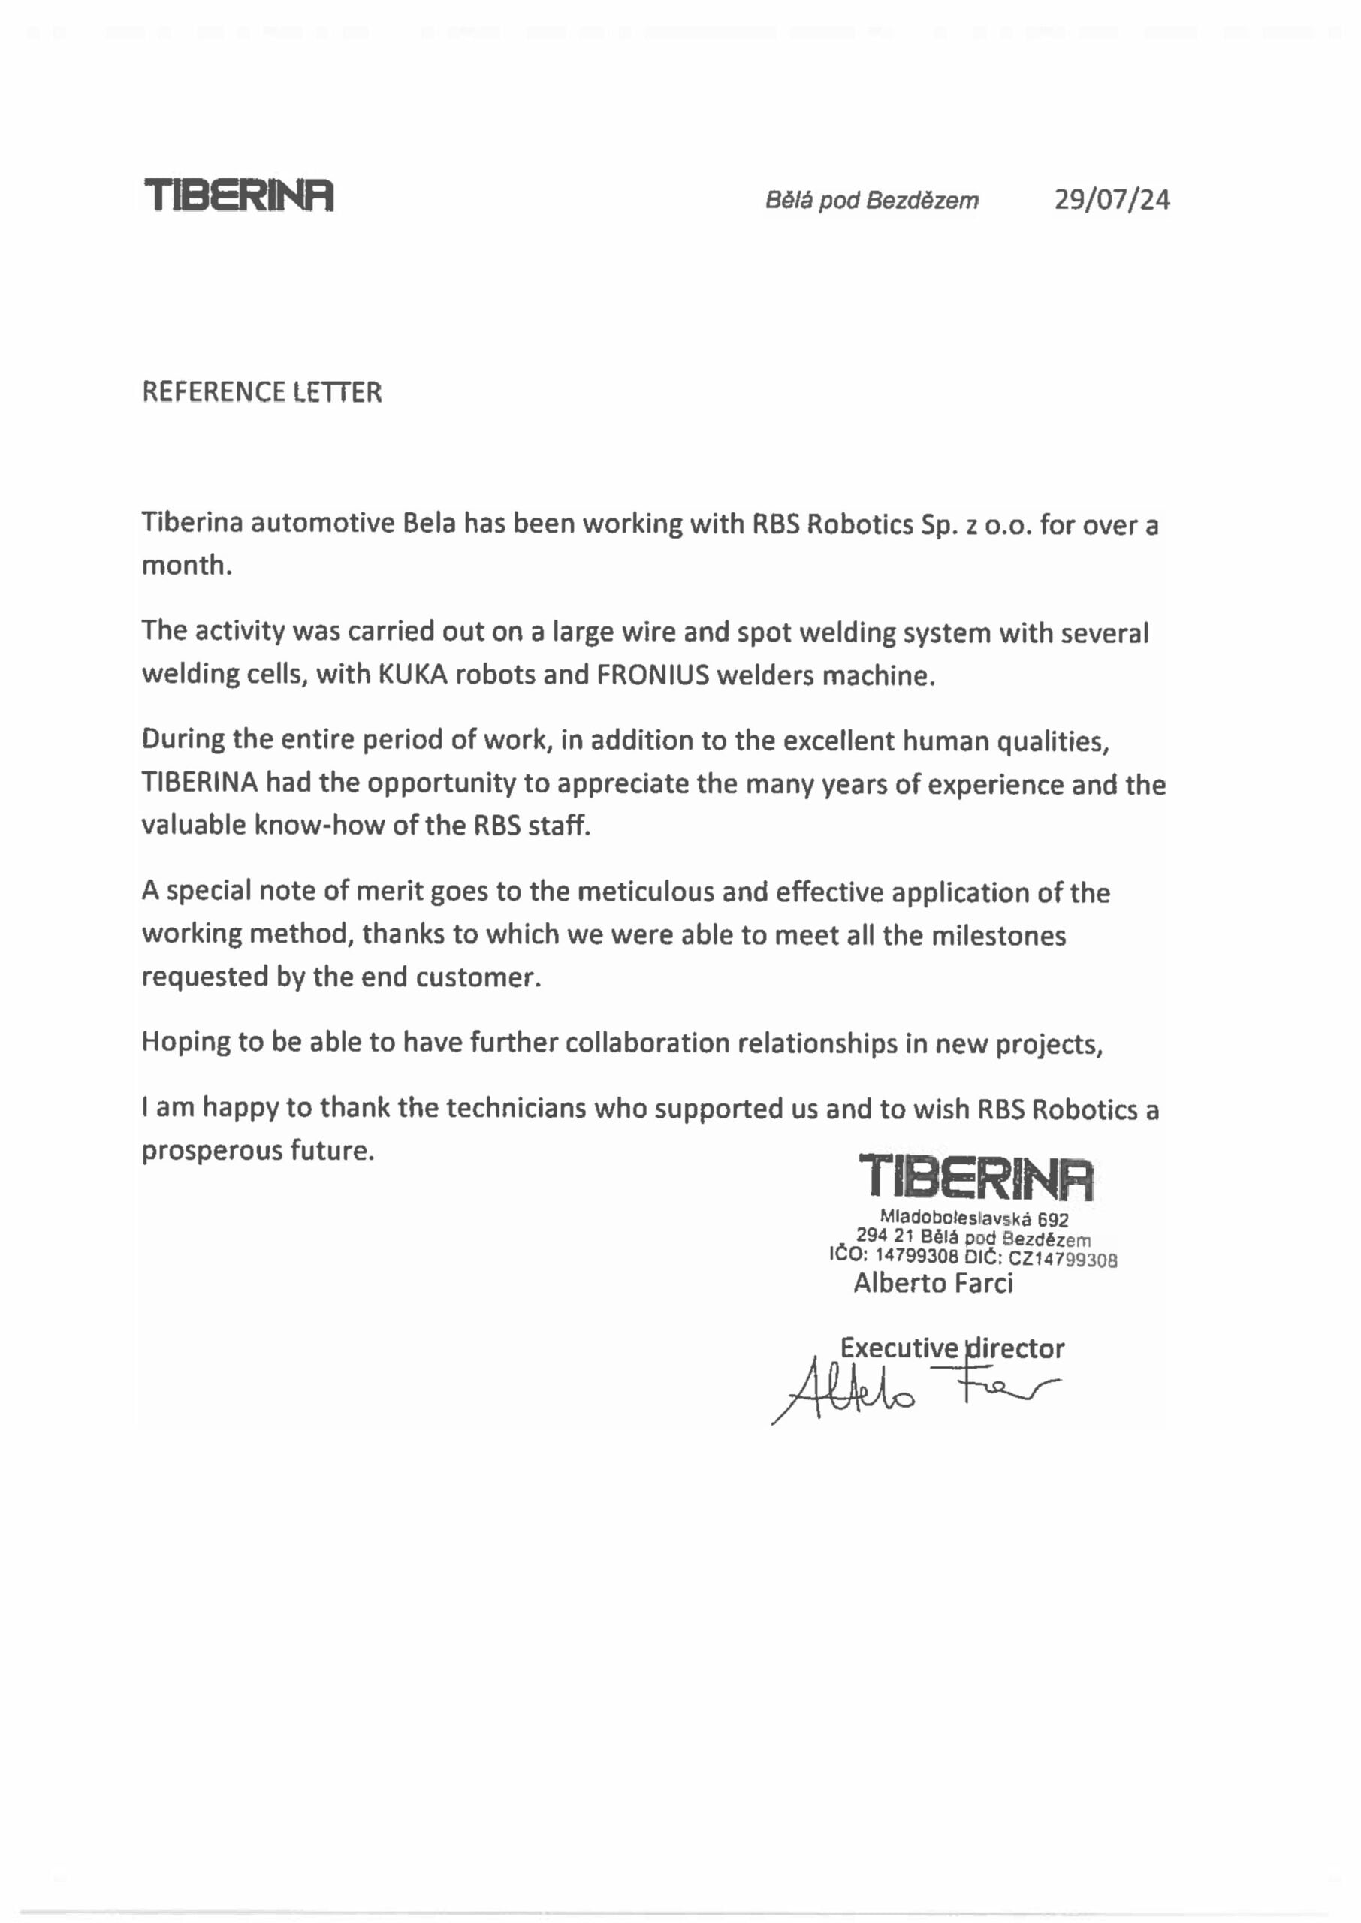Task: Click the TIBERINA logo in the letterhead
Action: pos(239,195)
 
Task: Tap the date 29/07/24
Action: pos(1112,199)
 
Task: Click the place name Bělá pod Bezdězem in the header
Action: pos(871,201)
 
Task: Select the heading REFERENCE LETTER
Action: pos(261,392)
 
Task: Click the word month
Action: pos(186,566)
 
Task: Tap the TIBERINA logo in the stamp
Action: pos(976,1177)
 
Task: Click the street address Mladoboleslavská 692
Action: pos(974,1219)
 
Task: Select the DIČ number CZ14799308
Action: pos(1062,1260)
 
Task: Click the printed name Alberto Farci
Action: pos(933,1283)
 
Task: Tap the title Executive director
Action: pos(952,1348)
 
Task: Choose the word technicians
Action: pos(515,1109)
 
